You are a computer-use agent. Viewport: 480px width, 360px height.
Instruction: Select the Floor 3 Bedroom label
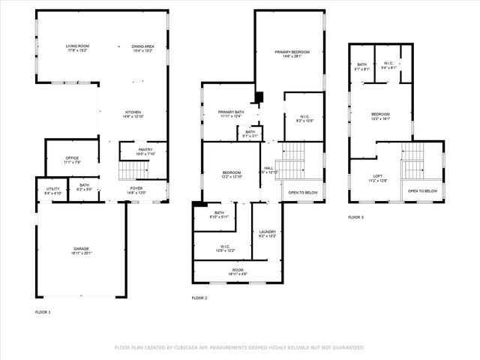(x=380, y=115)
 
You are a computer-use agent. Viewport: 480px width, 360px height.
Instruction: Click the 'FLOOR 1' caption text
(x=43, y=312)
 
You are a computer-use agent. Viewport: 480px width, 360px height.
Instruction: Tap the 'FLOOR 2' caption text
(x=199, y=298)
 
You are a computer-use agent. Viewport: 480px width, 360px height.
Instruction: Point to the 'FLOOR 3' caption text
(x=355, y=217)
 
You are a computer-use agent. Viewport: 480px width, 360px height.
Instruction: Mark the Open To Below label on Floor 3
(x=422, y=191)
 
